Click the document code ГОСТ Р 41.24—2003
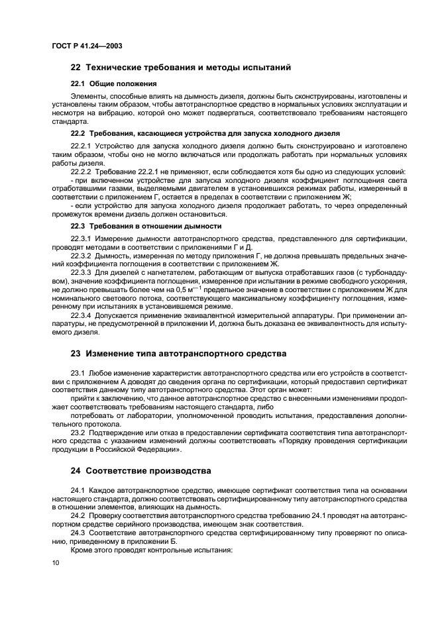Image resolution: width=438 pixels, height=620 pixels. tap(86, 46)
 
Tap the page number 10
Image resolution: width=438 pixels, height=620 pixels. tap(55, 562)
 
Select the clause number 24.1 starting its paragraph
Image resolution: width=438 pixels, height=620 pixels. tap(78, 490)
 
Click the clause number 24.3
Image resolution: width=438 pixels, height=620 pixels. tap(78, 532)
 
